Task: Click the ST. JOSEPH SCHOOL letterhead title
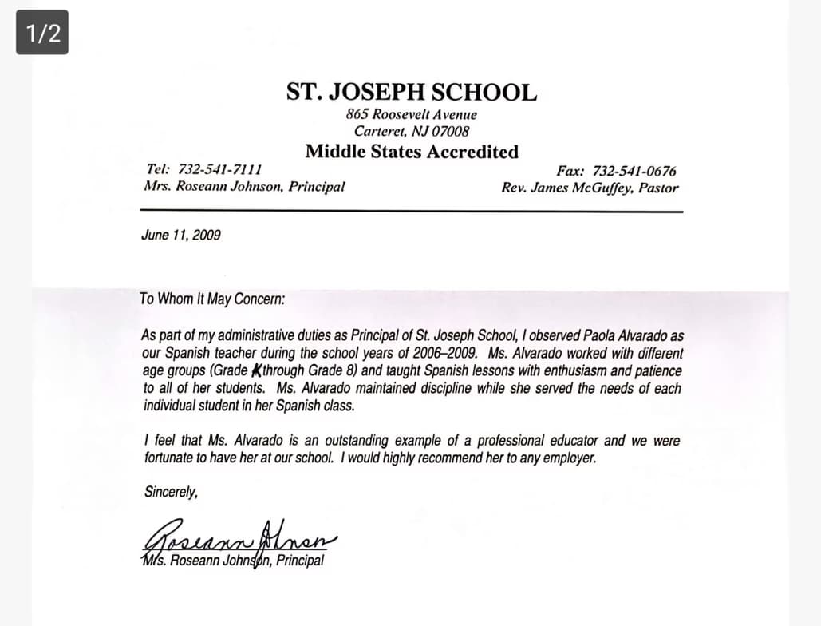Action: point(412,92)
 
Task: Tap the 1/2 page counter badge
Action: point(42,33)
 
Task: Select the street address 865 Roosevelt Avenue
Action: point(412,114)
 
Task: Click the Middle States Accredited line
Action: point(412,152)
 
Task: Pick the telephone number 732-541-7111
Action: point(222,170)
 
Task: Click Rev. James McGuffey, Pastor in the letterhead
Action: point(590,188)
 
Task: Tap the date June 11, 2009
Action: point(180,236)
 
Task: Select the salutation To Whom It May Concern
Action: point(211,299)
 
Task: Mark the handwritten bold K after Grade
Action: point(257,370)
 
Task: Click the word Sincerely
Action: point(171,492)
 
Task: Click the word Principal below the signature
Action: point(300,561)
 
